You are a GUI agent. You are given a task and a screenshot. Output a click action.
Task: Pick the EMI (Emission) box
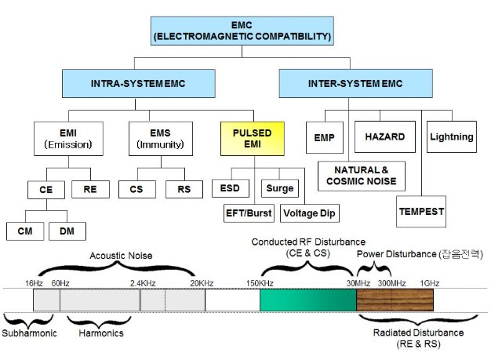(67, 138)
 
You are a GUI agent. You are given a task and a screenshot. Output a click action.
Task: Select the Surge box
(278, 189)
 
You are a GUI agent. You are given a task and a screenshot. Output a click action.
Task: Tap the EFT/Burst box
(248, 213)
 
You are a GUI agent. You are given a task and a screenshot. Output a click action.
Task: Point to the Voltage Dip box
(310, 213)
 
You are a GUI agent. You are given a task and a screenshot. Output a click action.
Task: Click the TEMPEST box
(420, 212)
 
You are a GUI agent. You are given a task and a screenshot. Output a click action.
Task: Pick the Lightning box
(451, 137)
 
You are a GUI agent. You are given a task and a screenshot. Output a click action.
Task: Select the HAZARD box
(384, 137)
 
